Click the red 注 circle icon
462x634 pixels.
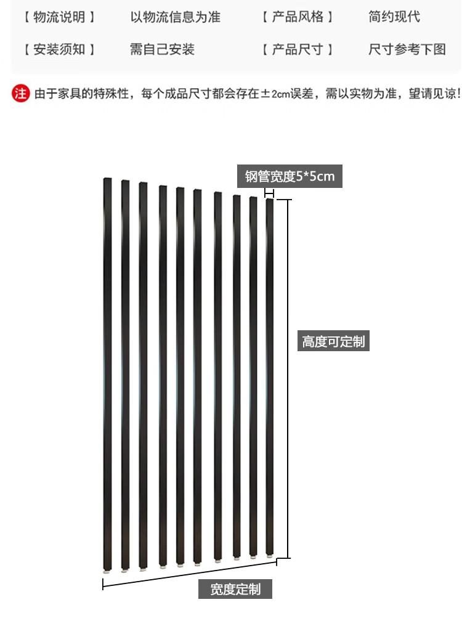(x=20, y=94)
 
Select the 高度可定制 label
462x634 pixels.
(x=333, y=341)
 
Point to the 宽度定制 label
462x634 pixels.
(x=235, y=589)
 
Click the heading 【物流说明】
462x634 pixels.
(x=59, y=17)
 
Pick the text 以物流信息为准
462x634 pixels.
(x=175, y=17)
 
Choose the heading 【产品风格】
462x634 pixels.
(x=298, y=17)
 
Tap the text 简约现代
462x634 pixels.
(x=394, y=17)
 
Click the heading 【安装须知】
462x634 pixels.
(x=59, y=49)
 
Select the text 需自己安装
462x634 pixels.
(x=162, y=49)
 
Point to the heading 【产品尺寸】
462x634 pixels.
(x=298, y=49)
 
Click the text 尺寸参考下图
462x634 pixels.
(x=407, y=49)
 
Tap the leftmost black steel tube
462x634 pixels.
(x=108, y=370)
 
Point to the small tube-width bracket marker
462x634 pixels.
(x=269, y=193)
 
